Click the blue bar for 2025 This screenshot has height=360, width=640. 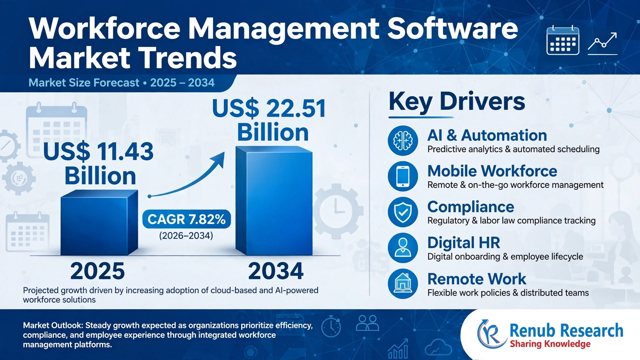click(x=99, y=222)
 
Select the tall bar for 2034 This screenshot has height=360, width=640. click(x=274, y=201)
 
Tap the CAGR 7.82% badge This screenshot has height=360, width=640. click(x=187, y=219)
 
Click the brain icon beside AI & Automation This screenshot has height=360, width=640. click(x=403, y=141)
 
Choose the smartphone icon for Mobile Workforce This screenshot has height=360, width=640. click(x=403, y=176)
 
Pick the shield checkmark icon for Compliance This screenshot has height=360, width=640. click(x=403, y=212)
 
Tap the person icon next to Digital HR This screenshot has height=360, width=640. click(x=403, y=248)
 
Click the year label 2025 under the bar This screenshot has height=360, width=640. click(x=97, y=271)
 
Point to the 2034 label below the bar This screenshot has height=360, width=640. click(x=276, y=271)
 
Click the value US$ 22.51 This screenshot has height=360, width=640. click(x=269, y=108)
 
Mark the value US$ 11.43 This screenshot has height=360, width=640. click(x=98, y=152)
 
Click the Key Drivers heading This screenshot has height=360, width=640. click(x=457, y=102)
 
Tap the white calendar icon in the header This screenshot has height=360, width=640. click(x=563, y=40)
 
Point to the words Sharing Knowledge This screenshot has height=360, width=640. click(x=550, y=344)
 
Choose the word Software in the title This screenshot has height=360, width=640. click(x=453, y=29)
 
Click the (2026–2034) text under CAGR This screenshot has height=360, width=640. click(x=186, y=235)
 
